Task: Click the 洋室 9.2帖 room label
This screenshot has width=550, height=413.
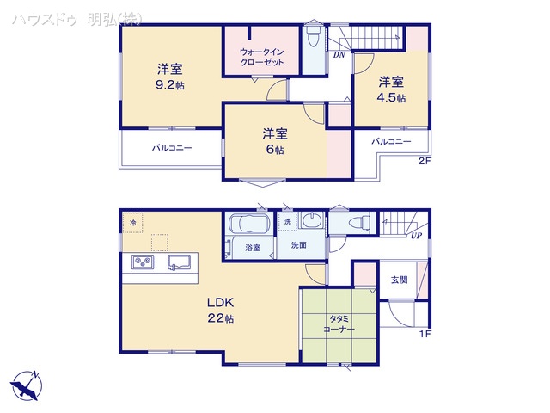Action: (x=168, y=77)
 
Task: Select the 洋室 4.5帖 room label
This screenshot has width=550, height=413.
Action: (x=391, y=90)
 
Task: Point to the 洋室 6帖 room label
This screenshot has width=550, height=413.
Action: (x=275, y=141)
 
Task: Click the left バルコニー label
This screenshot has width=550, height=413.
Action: (x=172, y=148)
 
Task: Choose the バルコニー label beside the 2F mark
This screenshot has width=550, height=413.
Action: (x=391, y=141)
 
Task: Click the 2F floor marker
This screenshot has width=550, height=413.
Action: (x=424, y=161)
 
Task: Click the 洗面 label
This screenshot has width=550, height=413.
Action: (x=298, y=246)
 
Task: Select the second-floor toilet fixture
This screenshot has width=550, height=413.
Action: (x=313, y=36)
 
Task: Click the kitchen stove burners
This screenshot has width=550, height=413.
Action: (x=142, y=262)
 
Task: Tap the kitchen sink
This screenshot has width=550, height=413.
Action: (x=180, y=262)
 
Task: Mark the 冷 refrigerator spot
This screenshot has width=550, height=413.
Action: (x=132, y=223)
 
